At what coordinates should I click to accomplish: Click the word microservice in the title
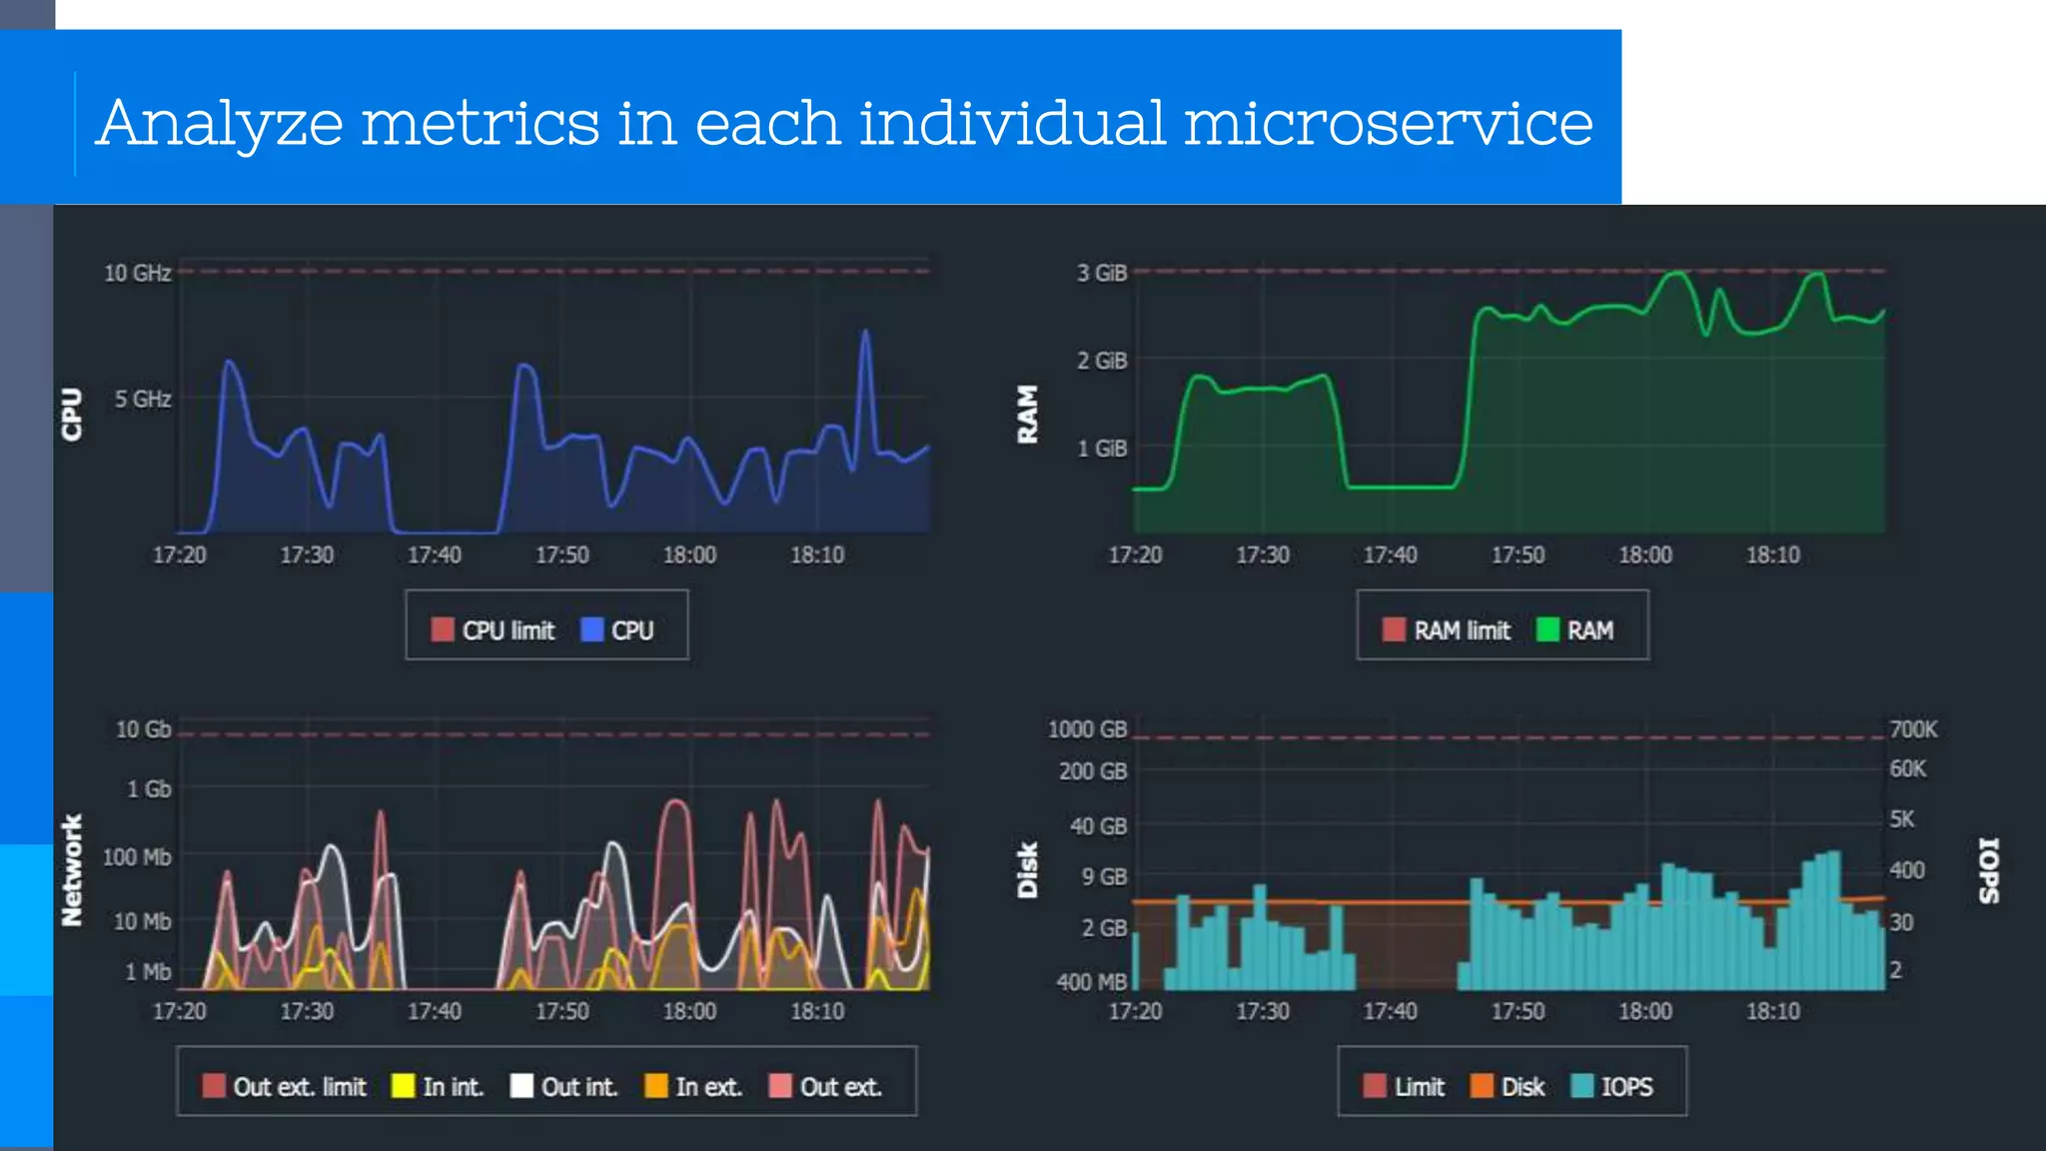tap(1388, 124)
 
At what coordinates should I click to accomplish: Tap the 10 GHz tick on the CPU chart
tap(137, 273)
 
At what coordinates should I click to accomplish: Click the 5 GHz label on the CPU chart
tap(142, 399)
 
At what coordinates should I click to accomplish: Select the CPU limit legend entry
tap(494, 630)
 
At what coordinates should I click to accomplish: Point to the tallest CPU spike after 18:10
tap(865, 334)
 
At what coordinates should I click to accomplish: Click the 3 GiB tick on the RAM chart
tap(1101, 273)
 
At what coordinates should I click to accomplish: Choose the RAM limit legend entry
tap(1447, 630)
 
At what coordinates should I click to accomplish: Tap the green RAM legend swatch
tap(1547, 630)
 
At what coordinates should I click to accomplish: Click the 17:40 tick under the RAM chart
tap(1390, 555)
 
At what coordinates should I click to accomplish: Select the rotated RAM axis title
tap(1027, 414)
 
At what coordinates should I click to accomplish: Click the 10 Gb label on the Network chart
tap(143, 729)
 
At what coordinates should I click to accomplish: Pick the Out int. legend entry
tap(564, 1086)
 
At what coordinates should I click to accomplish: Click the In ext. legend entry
tap(694, 1086)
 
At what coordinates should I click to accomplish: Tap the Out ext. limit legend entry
tap(285, 1086)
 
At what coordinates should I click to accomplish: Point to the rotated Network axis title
tap(71, 869)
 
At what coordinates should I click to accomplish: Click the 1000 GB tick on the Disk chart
tap(1087, 729)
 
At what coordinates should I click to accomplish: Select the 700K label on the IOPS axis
tap(1912, 729)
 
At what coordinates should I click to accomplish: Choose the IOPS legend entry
tap(1612, 1086)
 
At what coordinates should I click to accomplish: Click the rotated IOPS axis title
tap(1989, 869)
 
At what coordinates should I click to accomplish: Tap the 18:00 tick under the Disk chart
tap(1644, 1011)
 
